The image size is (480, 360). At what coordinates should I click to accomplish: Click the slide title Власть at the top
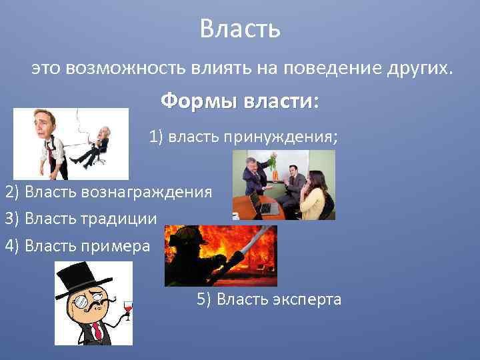coord(240,29)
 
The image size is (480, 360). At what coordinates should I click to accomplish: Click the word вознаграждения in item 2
coord(147,193)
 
